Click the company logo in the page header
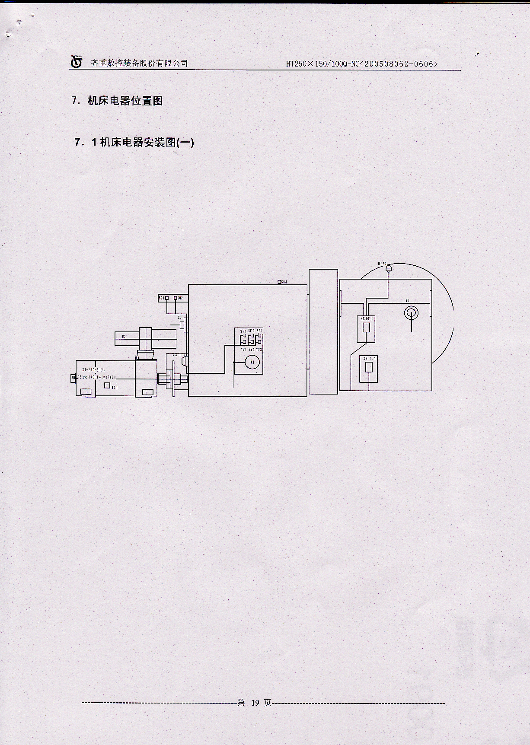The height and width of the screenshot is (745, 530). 77,62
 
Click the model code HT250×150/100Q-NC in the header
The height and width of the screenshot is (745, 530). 322,64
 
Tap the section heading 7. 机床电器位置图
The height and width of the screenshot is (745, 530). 117,101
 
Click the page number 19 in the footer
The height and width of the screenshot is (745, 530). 255,703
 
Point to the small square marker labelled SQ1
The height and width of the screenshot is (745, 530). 167,298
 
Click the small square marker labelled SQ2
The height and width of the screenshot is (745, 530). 176,298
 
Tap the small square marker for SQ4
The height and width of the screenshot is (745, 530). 279,282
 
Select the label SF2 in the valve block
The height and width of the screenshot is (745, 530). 251,331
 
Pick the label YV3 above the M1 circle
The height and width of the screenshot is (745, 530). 259,350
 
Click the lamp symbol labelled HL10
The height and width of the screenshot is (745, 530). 388,269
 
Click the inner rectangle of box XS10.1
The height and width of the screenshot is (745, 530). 367,327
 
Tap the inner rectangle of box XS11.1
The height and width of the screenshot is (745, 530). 369,367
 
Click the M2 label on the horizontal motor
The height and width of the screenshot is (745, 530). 124,337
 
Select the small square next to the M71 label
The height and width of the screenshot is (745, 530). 108,385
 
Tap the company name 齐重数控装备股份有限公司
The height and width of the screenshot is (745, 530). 140,63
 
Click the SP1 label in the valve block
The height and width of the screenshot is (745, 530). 259,331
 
